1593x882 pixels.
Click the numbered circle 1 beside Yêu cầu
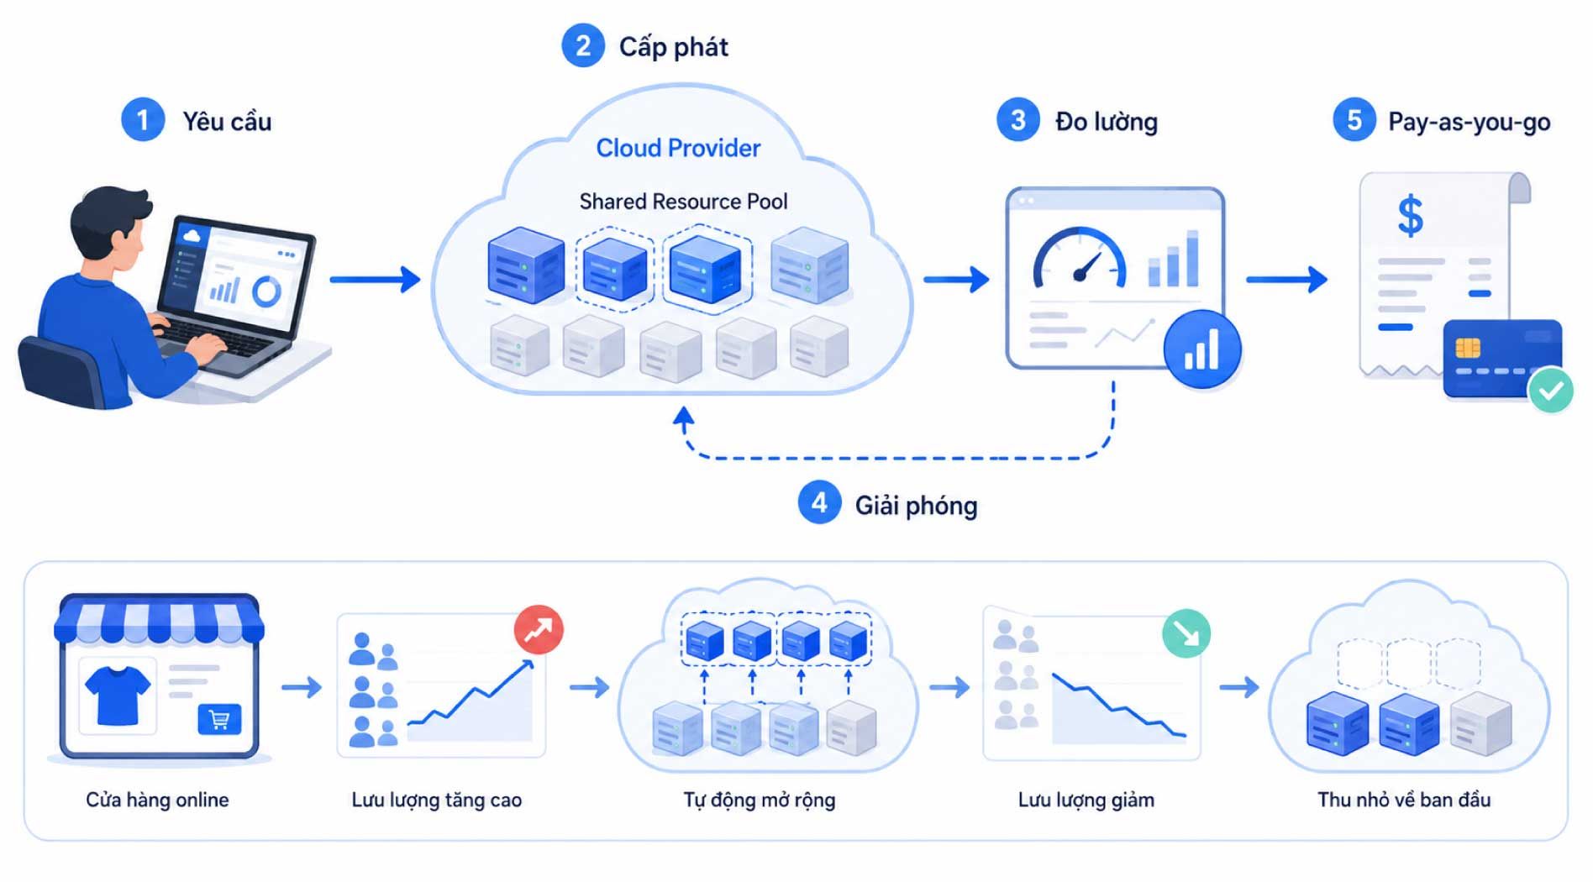click(143, 120)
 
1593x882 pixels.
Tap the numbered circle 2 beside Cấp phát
click(582, 45)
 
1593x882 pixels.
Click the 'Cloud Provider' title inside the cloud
click(678, 148)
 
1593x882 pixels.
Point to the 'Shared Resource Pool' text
click(683, 202)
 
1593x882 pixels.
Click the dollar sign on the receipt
click(1410, 216)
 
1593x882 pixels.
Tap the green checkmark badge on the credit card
click(1550, 390)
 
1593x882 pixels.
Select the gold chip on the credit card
click(1467, 347)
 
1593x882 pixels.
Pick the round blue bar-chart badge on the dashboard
click(1201, 349)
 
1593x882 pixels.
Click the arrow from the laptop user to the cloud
click(375, 279)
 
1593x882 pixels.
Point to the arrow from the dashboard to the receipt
click(1286, 279)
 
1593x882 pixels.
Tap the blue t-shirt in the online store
click(118, 696)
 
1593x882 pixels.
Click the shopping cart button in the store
click(219, 720)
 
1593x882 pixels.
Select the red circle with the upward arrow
click(539, 629)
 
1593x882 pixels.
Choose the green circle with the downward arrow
click(1186, 633)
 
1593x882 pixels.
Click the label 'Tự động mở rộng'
click(759, 801)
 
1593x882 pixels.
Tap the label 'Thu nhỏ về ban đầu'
click(1404, 800)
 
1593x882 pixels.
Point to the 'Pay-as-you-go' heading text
click(1469, 123)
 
